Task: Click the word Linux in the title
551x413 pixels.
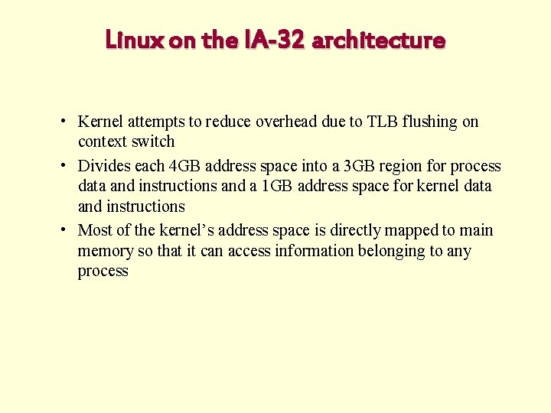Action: click(135, 40)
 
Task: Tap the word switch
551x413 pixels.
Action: click(153, 142)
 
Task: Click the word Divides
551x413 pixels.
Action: click(104, 166)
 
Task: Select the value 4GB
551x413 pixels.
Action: click(188, 166)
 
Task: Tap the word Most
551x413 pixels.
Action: click(95, 230)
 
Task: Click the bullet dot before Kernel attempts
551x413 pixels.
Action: click(68, 122)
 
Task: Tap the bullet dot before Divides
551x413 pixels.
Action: click(68, 166)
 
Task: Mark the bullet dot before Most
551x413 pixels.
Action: click(68, 230)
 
